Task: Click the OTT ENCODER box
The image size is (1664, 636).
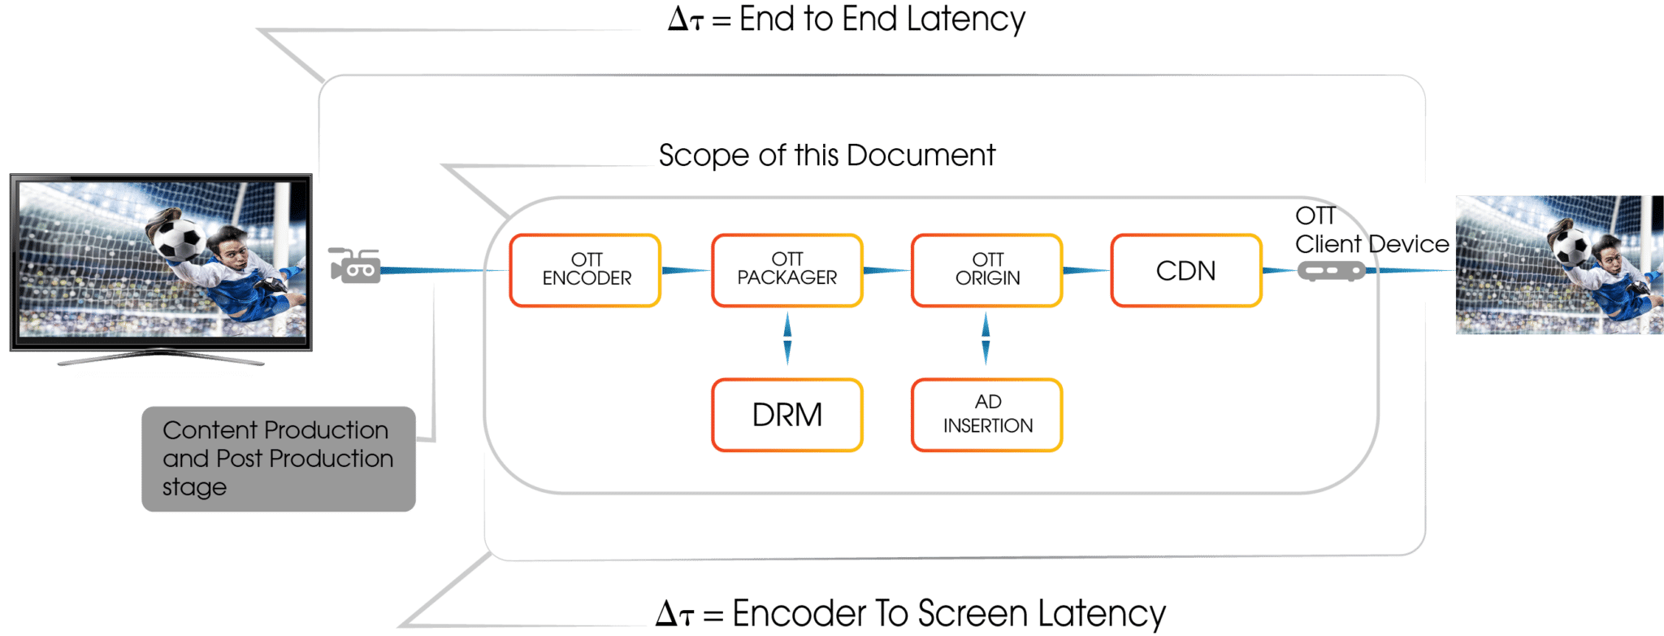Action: [x=585, y=270]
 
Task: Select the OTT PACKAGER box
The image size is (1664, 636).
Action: [x=786, y=270]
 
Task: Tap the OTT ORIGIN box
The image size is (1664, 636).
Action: [x=986, y=270]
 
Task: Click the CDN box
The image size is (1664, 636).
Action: [x=1185, y=270]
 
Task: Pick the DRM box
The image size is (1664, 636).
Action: [x=786, y=415]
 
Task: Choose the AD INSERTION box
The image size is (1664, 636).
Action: [x=986, y=415]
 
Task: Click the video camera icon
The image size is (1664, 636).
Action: [x=356, y=266]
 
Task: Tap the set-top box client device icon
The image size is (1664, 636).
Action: [x=1330, y=270]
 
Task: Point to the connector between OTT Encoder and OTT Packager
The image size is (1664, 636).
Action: [x=686, y=270]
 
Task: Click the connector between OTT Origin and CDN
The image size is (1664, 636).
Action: [x=1085, y=270]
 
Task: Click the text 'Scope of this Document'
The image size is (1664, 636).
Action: [x=826, y=155]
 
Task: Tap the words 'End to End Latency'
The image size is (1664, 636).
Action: [x=882, y=20]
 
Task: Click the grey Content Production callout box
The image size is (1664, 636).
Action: [x=278, y=459]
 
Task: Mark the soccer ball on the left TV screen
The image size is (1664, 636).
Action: [x=178, y=238]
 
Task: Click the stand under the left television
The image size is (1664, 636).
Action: [x=161, y=358]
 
